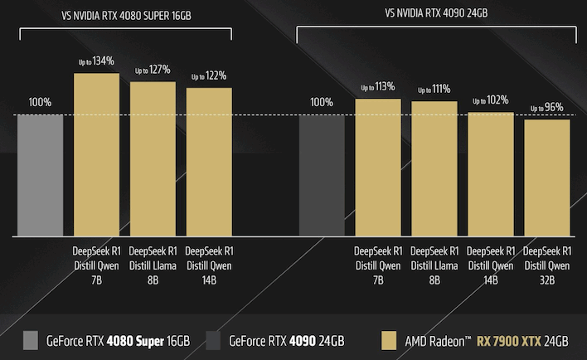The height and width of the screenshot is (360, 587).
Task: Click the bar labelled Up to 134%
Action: point(96,154)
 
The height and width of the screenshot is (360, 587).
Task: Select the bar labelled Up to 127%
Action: point(153,158)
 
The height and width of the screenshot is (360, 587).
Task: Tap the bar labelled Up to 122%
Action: point(209,162)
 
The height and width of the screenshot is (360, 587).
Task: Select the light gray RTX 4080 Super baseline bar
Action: point(40,175)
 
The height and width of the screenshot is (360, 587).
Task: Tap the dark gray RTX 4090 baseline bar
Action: point(322,175)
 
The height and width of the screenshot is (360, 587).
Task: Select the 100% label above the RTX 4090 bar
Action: point(322,102)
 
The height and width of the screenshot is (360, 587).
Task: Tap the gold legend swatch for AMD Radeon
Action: point(387,340)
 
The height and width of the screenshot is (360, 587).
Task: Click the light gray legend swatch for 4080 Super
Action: point(32,340)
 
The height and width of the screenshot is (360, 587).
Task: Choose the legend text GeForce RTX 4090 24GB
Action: point(286,341)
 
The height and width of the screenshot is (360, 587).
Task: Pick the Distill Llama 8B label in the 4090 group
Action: point(434,265)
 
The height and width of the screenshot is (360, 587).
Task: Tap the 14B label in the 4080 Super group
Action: point(209,280)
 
